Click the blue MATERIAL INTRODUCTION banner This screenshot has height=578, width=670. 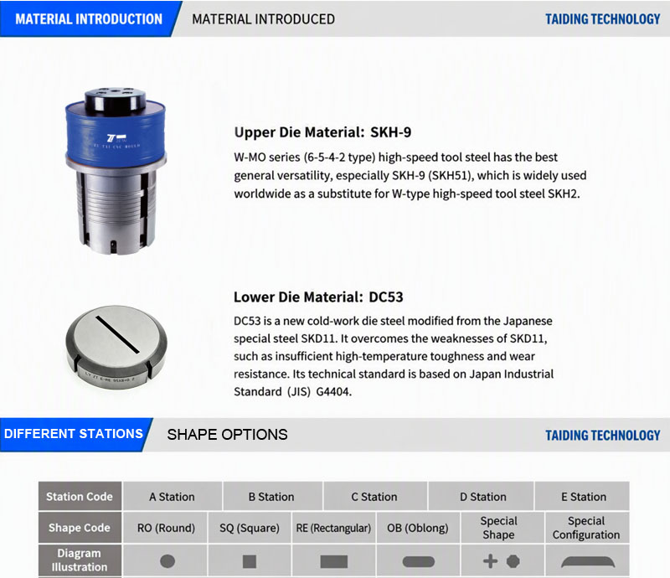(x=89, y=18)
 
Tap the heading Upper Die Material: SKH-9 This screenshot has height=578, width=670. (x=322, y=132)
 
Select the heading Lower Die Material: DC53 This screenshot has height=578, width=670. (x=318, y=297)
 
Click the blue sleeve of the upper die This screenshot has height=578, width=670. (x=116, y=132)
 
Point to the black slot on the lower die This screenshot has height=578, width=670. (x=117, y=335)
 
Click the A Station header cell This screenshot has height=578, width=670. (x=172, y=497)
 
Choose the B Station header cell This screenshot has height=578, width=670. (x=271, y=497)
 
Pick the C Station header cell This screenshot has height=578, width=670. (x=374, y=497)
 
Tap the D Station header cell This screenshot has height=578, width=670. (x=483, y=497)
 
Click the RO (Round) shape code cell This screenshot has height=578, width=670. (x=166, y=528)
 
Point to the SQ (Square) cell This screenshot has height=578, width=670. (x=250, y=528)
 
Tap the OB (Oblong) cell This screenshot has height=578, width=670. (x=417, y=528)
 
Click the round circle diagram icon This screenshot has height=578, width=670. (x=167, y=561)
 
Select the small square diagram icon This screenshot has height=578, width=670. (x=250, y=561)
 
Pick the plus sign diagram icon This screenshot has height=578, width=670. (x=491, y=561)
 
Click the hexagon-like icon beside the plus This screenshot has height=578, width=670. (x=513, y=561)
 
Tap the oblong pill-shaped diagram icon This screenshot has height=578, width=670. (x=418, y=561)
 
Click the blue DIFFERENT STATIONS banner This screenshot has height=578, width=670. (x=74, y=434)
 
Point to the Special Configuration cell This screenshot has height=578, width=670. (x=586, y=528)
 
